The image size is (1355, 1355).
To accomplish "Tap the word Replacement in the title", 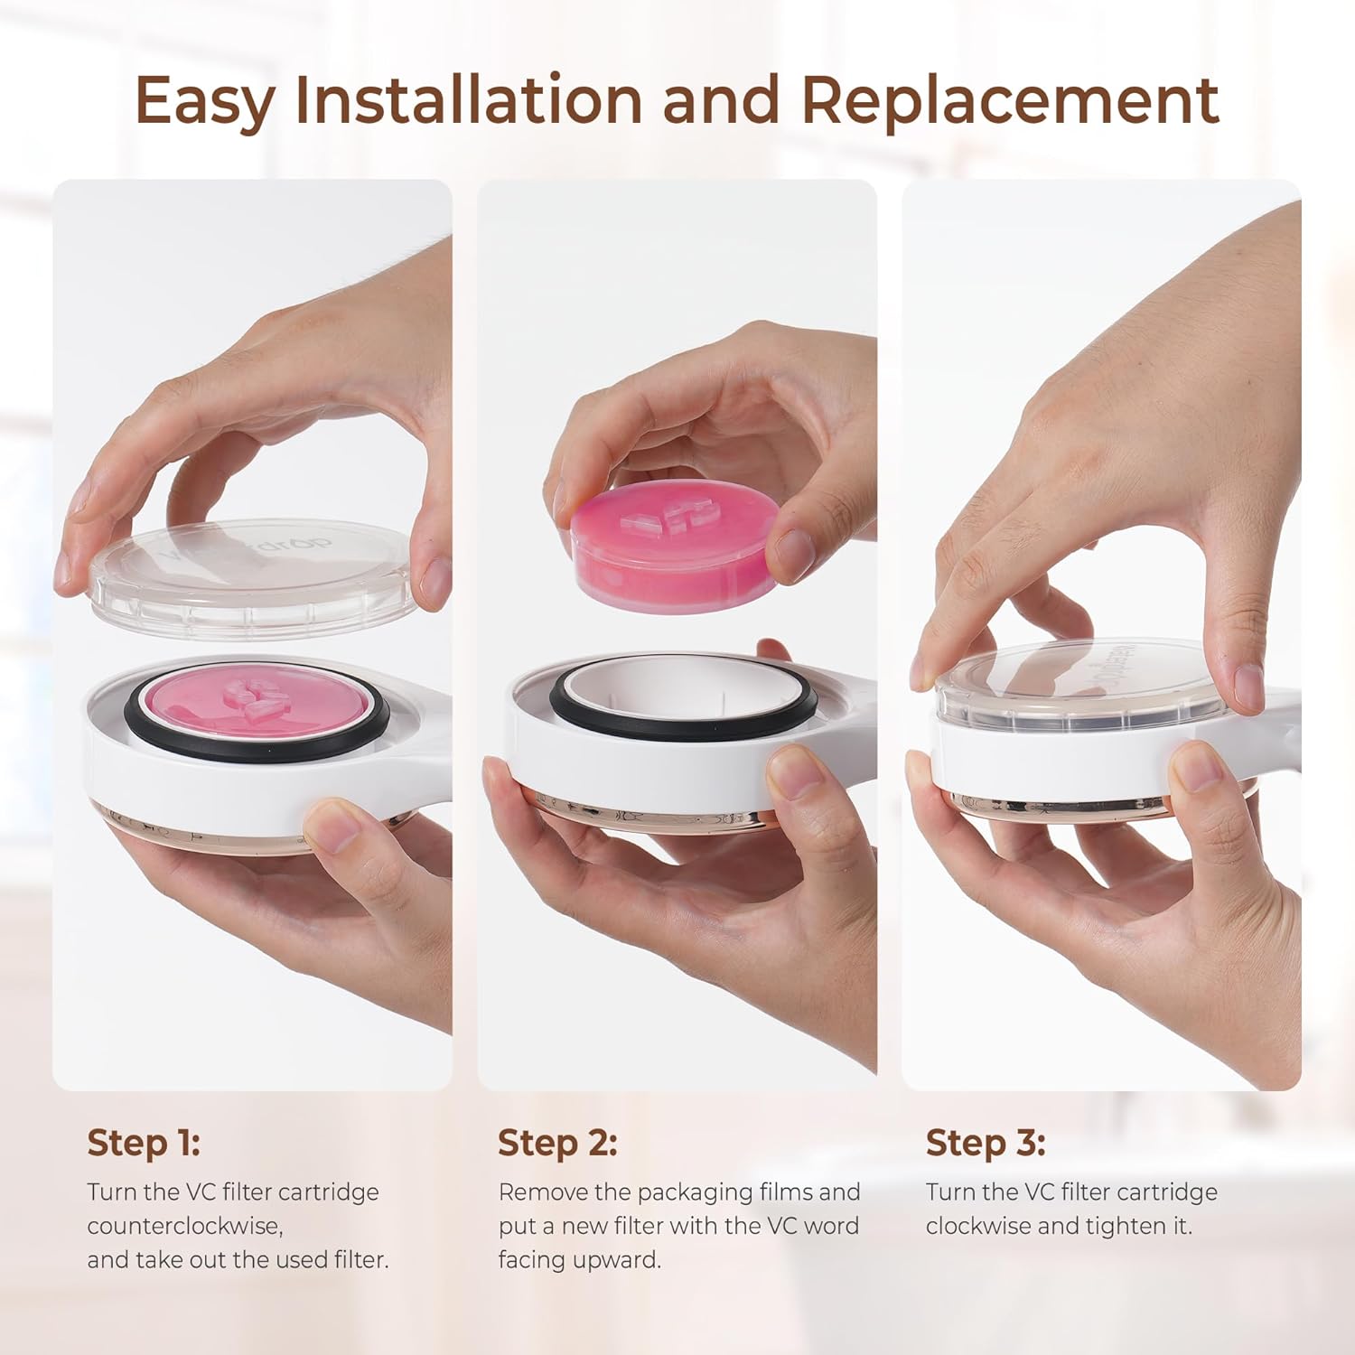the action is [1010, 101].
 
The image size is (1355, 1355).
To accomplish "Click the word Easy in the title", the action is [204, 102].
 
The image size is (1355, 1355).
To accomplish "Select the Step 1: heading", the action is [144, 1143].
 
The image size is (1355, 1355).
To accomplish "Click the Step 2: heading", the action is [557, 1143].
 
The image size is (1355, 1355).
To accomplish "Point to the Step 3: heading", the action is [986, 1143].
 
